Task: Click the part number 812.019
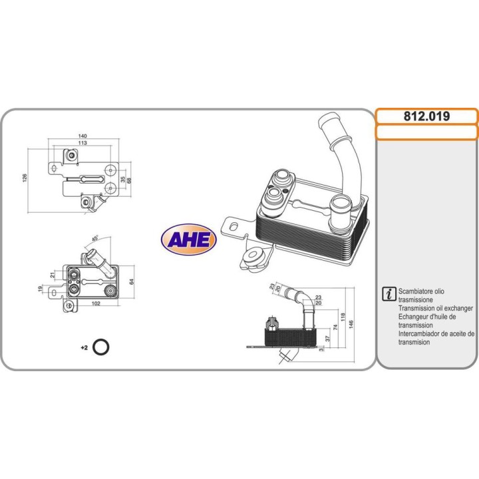[x=426, y=116]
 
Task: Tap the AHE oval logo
[x=188, y=240]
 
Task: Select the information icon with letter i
[x=389, y=294]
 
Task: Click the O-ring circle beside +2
[x=102, y=347]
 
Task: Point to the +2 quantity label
[x=84, y=347]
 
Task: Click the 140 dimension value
[x=83, y=136]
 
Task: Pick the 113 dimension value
[x=83, y=142]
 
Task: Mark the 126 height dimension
[x=25, y=178]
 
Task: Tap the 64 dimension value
[x=131, y=281]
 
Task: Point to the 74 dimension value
[x=336, y=326]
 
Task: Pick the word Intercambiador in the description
[x=422, y=334]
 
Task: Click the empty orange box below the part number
[x=426, y=132]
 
